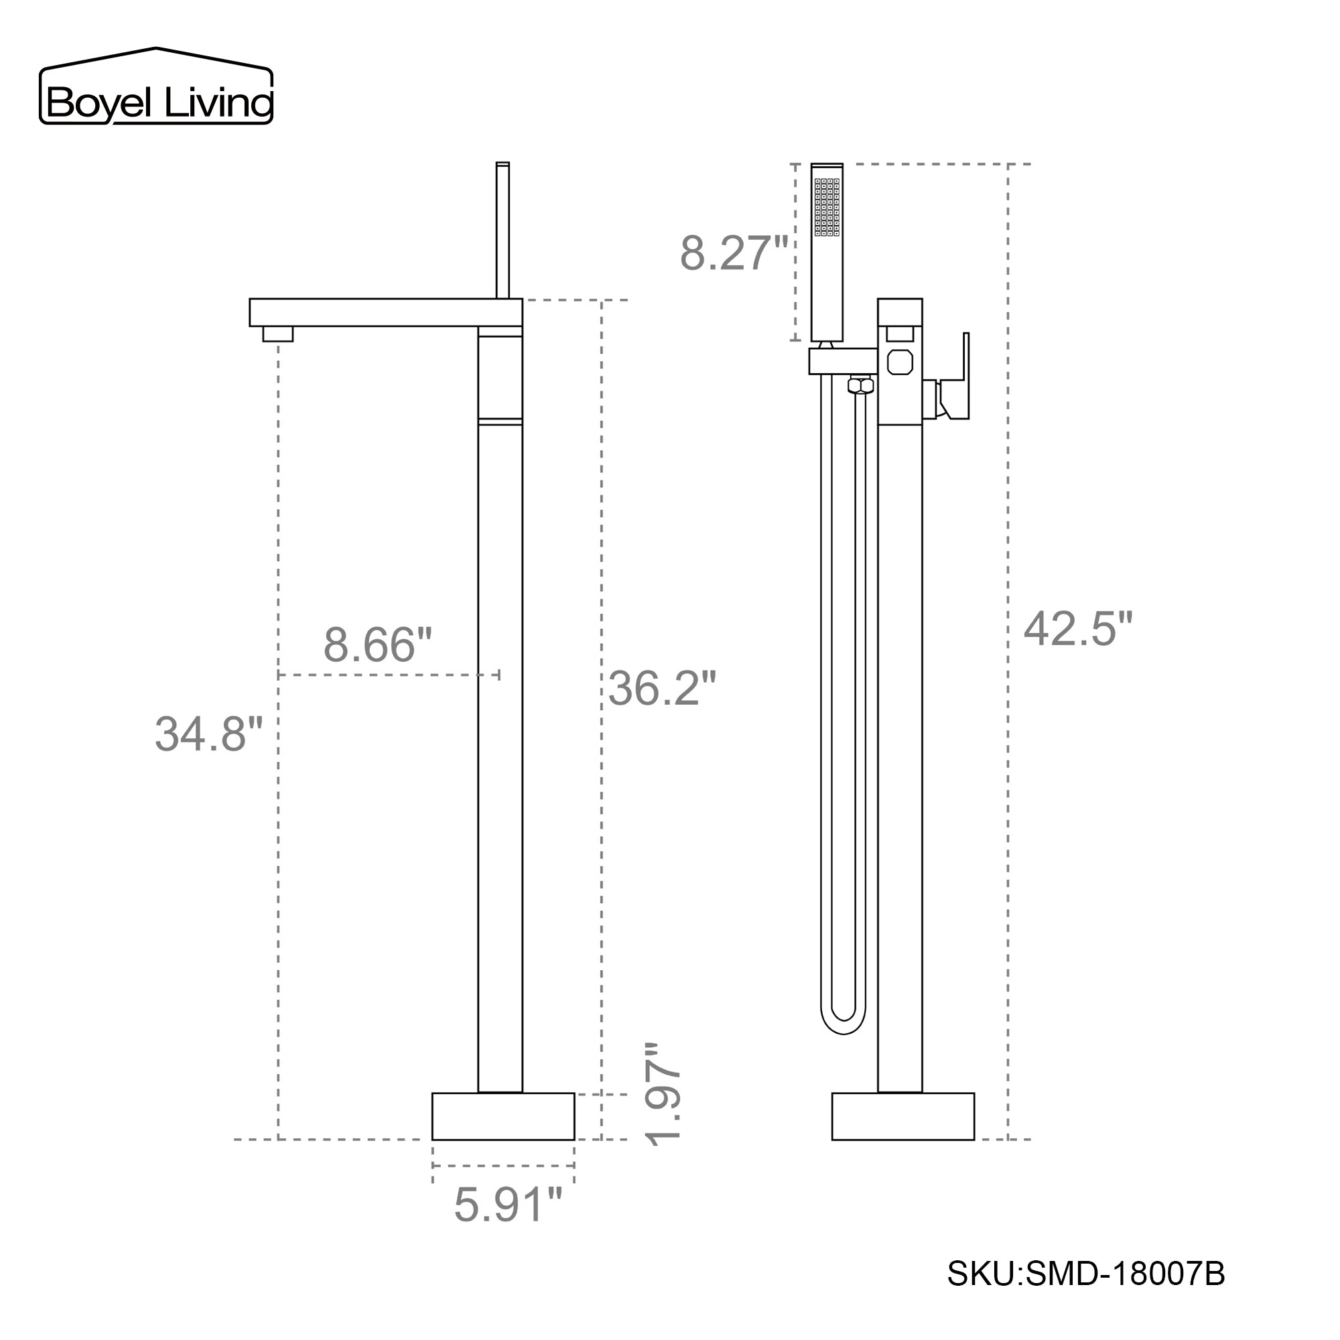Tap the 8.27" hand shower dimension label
pyautogui.click(x=733, y=253)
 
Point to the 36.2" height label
pyautogui.click(x=662, y=689)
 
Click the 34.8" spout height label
pyautogui.click(x=209, y=734)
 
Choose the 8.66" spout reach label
pyautogui.click(x=377, y=645)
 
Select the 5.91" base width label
pyautogui.click(x=507, y=1205)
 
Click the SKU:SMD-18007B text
pyautogui.click(x=1086, y=1274)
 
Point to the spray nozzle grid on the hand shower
pyautogui.click(x=827, y=208)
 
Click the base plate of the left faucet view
pyautogui.click(x=503, y=1116)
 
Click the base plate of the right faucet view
pyautogui.click(x=902, y=1116)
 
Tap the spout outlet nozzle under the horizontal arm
pyautogui.click(x=277, y=334)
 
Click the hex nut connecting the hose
pyautogui.click(x=861, y=385)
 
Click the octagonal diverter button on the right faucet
pyautogui.click(x=900, y=362)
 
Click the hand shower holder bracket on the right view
pyautogui.click(x=842, y=360)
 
